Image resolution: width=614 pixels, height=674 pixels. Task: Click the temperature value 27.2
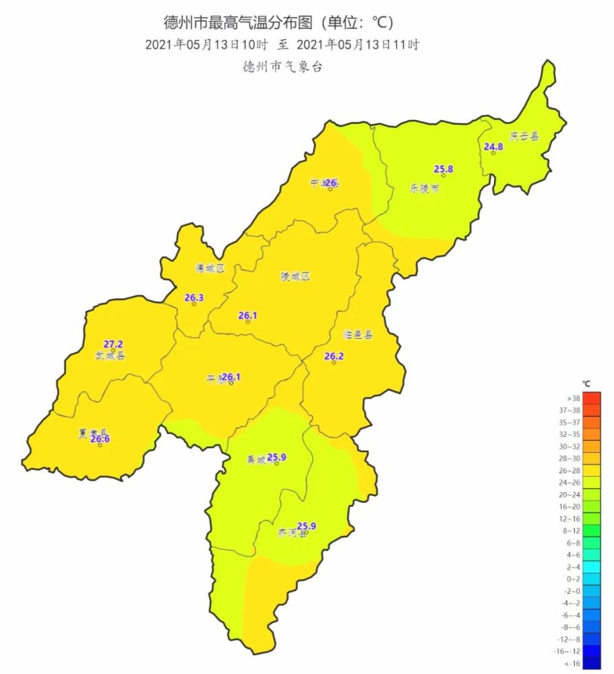(x=113, y=344)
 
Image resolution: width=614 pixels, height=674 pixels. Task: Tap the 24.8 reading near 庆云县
(x=493, y=146)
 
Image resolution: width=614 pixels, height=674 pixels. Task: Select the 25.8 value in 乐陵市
(x=443, y=169)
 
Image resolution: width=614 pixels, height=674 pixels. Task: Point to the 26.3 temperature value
(x=194, y=297)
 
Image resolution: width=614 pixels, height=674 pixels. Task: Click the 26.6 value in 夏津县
(x=100, y=439)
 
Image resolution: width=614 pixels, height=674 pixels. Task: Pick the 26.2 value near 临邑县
(x=334, y=356)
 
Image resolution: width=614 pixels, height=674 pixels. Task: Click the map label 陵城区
(x=295, y=276)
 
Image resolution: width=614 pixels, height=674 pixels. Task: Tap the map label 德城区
(x=210, y=268)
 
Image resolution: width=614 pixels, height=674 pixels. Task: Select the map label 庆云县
(x=524, y=136)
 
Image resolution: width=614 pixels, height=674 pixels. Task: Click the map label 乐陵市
(x=425, y=189)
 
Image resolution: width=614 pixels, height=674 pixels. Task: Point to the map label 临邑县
(x=358, y=334)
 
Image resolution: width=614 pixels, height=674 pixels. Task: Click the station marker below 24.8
(x=493, y=153)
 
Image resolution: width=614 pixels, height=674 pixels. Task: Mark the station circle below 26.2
(x=334, y=363)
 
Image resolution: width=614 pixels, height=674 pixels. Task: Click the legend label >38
(x=574, y=398)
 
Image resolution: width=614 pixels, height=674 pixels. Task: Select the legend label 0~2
(x=574, y=579)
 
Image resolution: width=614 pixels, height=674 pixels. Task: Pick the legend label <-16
(x=574, y=663)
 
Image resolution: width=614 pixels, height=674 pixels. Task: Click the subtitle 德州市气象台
(x=282, y=68)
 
